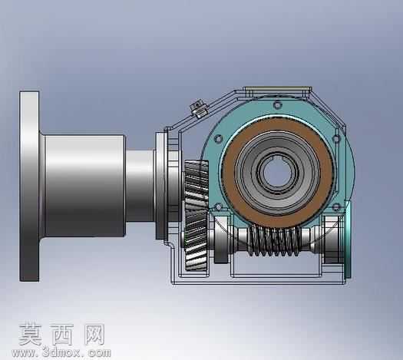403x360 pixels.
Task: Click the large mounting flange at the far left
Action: coord(29,187)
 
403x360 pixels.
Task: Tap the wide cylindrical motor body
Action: coord(84,186)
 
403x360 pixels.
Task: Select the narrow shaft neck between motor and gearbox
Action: coord(140,186)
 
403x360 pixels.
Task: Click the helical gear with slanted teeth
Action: coord(196,216)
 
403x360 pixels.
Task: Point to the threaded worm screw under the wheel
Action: coord(274,241)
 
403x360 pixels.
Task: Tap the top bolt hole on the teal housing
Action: coord(277,105)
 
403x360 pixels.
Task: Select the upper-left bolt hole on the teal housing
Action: coord(218,139)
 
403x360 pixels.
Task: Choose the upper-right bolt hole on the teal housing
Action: coord(336,139)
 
